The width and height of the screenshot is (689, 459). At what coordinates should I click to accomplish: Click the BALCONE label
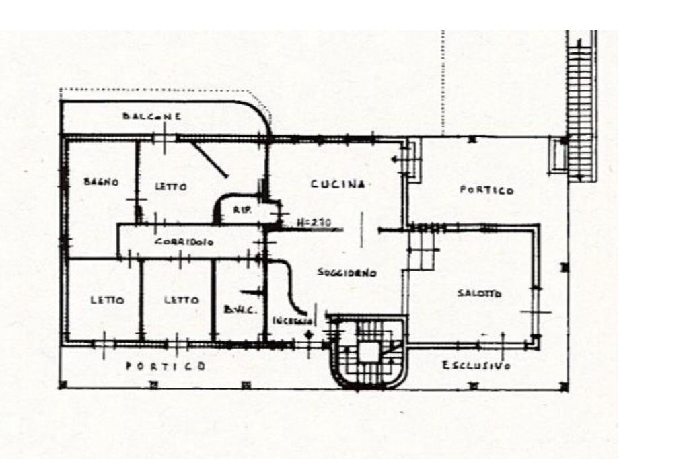coord(151,116)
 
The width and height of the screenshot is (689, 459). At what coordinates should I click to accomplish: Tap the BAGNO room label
coord(101,182)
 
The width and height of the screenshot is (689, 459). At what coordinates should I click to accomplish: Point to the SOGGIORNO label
coord(347,273)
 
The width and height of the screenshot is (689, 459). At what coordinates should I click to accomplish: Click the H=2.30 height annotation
coord(314,221)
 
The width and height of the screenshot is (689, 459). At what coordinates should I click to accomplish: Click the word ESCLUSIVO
coord(476,365)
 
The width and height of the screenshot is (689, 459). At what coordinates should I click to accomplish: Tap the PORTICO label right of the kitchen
coord(486,190)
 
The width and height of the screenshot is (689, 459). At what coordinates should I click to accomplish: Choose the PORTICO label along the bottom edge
coord(166,366)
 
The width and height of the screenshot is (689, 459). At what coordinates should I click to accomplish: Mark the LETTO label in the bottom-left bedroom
coord(107,300)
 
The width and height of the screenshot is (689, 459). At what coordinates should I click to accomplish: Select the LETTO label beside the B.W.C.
coord(182,300)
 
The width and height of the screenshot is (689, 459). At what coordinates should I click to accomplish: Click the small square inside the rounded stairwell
coord(368,351)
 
